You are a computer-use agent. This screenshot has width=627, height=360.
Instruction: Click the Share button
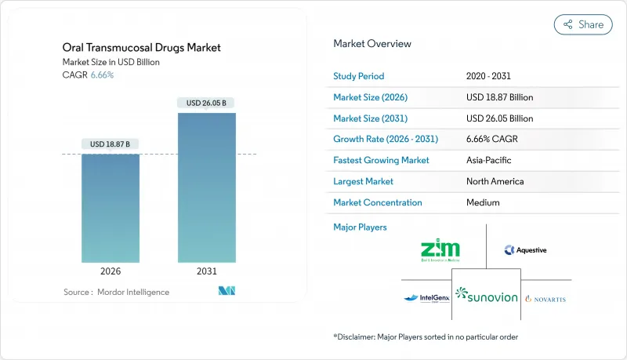click(583, 24)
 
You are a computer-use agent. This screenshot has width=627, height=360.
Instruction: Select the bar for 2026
click(111, 208)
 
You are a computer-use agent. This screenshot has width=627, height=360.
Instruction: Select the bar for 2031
click(206, 187)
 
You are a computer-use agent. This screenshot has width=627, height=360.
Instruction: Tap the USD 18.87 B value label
click(111, 144)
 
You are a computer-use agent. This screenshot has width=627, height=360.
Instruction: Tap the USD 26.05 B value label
click(206, 103)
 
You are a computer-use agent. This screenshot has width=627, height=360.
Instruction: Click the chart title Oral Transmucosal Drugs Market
click(142, 48)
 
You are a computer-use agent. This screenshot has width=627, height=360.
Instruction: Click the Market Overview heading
click(372, 44)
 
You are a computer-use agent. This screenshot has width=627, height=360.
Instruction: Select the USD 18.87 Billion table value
click(499, 97)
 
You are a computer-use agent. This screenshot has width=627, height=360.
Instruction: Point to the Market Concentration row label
click(378, 202)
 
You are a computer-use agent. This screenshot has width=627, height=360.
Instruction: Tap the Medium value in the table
click(483, 202)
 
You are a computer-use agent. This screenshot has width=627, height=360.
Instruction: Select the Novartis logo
click(545, 299)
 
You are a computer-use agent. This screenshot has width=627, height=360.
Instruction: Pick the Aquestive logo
click(526, 250)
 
